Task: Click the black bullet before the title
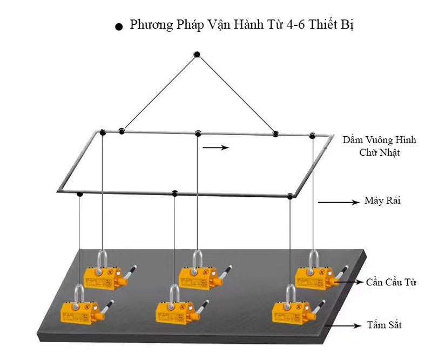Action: click(x=119, y=27)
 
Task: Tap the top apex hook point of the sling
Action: click(x=197, y=54)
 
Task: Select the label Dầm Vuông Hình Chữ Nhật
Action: click(x=380, y=146)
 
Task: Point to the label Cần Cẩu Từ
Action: click(x=387, y=282)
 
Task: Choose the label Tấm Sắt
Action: click(x=387, y=325)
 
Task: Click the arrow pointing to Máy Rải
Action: click(x=338, y=203)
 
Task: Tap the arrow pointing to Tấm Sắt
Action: click(x=346, y=325)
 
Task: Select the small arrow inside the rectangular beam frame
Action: click(x=216, y=147)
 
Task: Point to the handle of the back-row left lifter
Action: click(x=130, y=271)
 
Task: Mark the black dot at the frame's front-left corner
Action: click(x=80, y=194)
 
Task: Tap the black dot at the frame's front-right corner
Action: click(x=291, y=196)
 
